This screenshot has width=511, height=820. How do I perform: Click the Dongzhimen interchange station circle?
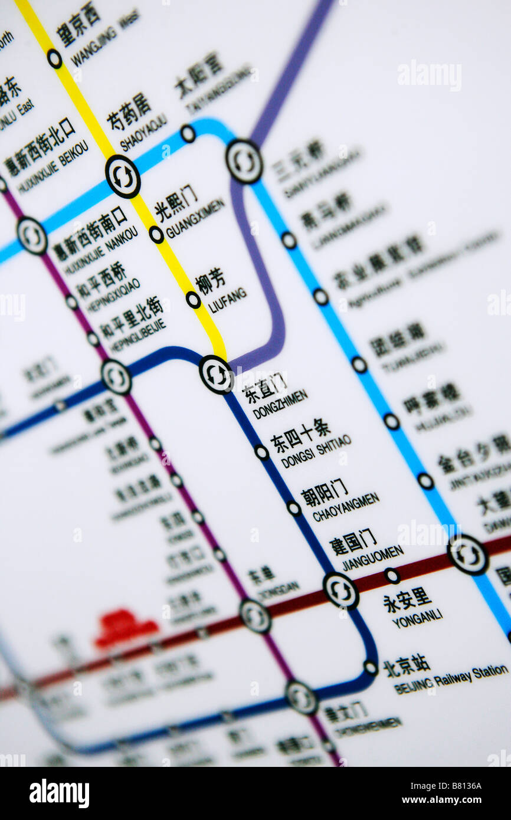[x=216, y=374]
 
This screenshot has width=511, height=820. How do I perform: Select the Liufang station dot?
[x=193, y=300]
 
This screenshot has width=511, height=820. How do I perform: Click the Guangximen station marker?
[x=156, y=234]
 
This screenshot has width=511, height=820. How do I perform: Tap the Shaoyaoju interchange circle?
[x=123, y=176]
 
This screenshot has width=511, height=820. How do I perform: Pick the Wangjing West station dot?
[x=54, y=58]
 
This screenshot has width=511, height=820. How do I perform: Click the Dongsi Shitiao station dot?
[x=261, y=452]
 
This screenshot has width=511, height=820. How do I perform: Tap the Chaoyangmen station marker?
[x=294, y=507]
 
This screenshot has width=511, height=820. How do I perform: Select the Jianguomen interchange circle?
[x=340, y=590]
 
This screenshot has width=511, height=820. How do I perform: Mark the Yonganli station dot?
[x=392, y=575]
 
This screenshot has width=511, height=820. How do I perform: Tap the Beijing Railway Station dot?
[x=370, y=668]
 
